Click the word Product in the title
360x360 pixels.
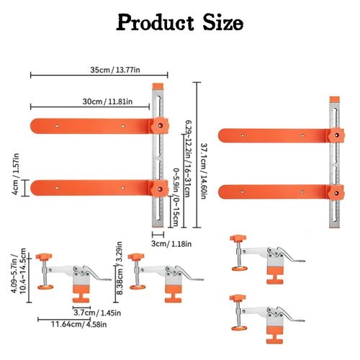tap(155, 22)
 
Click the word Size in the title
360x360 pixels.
tap(223, 22)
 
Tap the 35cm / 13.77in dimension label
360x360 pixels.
tap(115, 70)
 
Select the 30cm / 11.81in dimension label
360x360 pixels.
tap(107, 102)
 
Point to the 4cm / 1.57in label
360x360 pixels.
tap(15, 174)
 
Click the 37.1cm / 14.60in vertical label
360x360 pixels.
tap(204, 171)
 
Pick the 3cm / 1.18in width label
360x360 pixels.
tap(171, 244)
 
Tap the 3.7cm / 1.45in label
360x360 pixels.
tap(97, 312)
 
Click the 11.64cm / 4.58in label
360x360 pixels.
tap(79, 324)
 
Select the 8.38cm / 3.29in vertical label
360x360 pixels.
tap(120, 268)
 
